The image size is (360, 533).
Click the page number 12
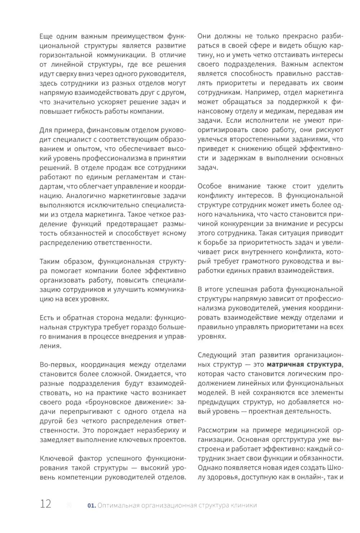tap(46, 503)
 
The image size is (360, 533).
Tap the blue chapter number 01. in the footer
tap(92, 505)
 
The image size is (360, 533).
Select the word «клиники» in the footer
tap(244, 505)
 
